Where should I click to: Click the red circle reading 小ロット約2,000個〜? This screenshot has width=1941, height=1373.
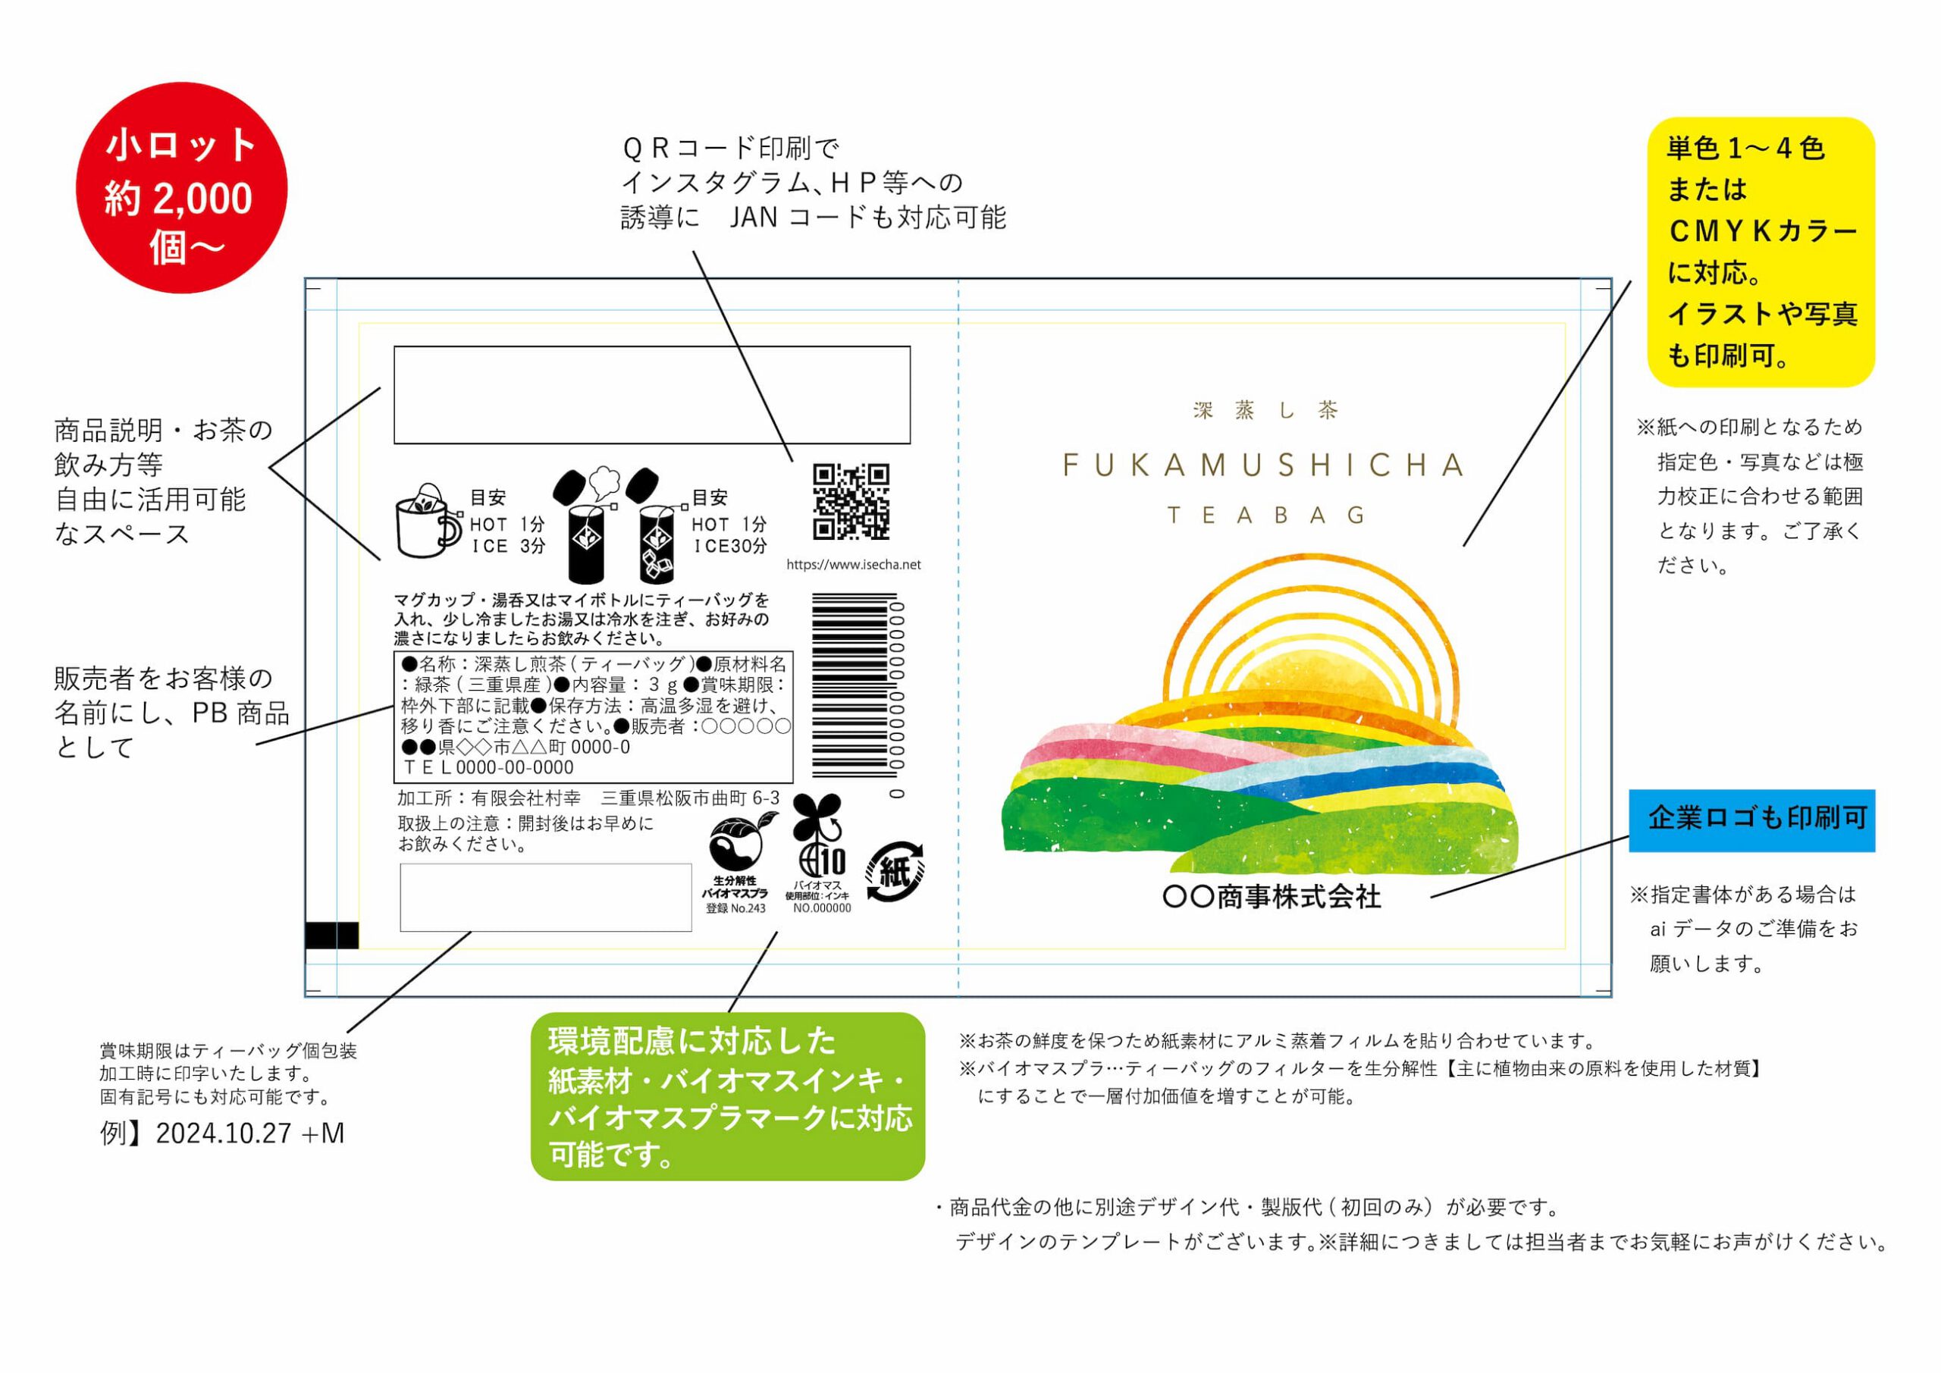tap(181, 188)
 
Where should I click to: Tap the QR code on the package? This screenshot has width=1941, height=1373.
tap(851, 501)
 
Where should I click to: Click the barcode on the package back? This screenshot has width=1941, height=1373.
tap(854, 684)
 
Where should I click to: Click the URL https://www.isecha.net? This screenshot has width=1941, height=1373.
tap(853, 565)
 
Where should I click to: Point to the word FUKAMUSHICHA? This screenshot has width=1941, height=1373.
tap(1264, 465)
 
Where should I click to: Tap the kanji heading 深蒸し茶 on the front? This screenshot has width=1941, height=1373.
tap(1265, 411)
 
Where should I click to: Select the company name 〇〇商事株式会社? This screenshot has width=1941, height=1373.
tap(1272, 896)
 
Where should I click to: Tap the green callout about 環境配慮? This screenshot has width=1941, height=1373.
tap(728, 1096)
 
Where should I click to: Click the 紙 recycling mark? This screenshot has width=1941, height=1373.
tap(895, 871)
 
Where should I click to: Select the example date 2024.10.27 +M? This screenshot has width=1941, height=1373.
tap(222, 1133)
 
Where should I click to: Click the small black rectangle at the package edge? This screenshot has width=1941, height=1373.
tap(331, 935)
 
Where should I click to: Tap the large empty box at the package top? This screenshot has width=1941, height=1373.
tap(652, 395)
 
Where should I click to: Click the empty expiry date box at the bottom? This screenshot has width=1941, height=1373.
tap(545, 897)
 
